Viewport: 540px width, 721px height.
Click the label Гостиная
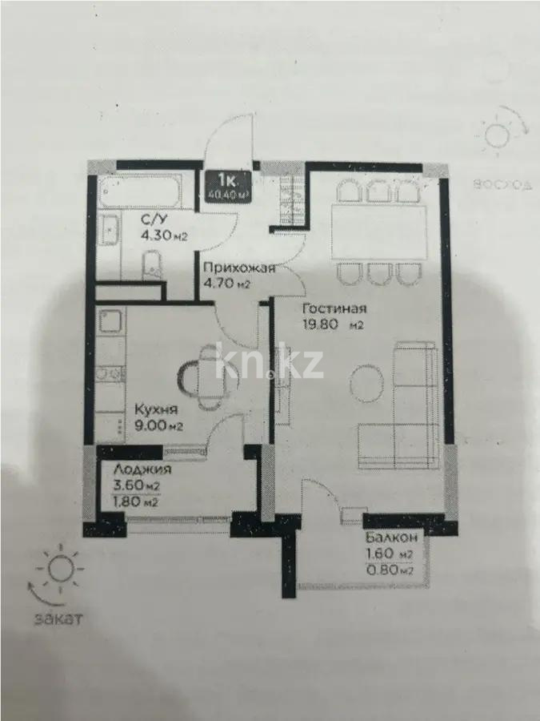[x=334, y=309]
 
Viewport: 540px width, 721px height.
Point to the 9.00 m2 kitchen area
[x=160, y=425]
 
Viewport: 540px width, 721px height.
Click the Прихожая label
[x=238, y=269]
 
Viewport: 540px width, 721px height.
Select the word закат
[x=57, y=619]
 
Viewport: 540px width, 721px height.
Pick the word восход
[x=502, y=184]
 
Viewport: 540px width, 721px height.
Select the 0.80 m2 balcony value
[x=389, y=570]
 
